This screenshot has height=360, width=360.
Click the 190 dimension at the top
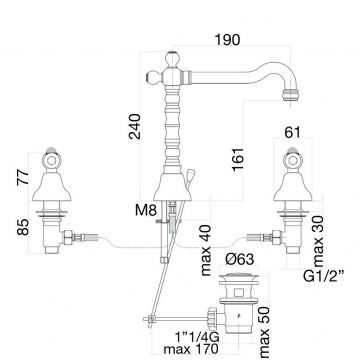227,40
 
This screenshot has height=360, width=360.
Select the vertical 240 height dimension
135,126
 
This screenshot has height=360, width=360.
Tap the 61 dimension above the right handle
292,132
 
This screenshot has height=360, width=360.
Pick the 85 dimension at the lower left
23,227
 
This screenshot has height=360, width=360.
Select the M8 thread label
146,210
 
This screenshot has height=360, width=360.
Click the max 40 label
207,250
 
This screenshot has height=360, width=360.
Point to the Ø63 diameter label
238,259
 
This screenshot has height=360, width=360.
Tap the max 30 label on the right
319,241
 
